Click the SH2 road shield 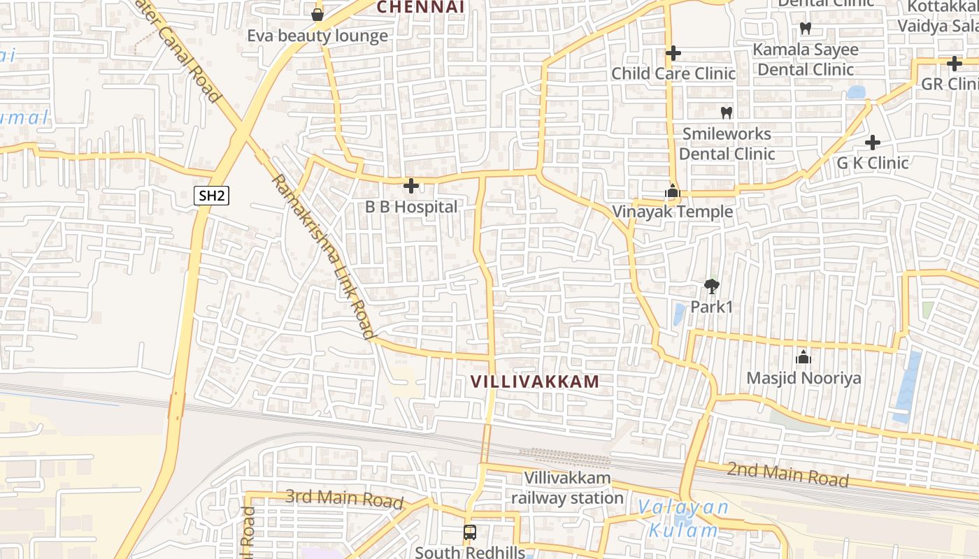211,196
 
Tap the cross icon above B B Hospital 411,186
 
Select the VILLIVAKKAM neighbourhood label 535,382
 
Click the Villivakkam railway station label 567,488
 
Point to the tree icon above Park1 712,286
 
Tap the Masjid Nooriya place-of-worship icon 803,357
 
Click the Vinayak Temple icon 672,191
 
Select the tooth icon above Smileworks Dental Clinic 726,112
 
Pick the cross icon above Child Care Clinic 673,53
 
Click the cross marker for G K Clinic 872,143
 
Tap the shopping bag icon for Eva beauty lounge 317,15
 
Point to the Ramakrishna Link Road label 322,256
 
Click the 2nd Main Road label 787,474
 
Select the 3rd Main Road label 344,498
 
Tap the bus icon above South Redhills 470,532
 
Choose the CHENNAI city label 421,7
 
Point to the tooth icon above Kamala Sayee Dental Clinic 805,29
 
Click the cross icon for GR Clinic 954,64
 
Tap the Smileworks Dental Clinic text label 727,143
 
